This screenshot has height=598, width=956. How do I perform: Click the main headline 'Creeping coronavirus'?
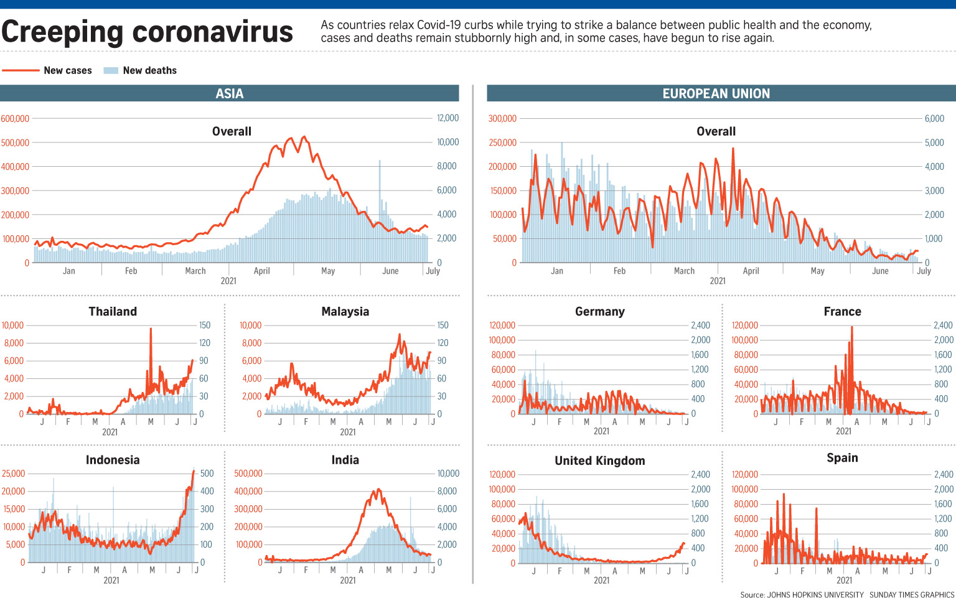(148, 32)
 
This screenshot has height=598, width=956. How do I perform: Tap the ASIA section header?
(230, 93)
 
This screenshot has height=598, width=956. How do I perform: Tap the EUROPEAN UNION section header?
(716, 93)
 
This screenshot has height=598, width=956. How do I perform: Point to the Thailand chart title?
(113, 311)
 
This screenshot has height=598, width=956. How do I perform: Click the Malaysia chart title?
(345, 311)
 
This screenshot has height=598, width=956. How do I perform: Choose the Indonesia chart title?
(113, 460)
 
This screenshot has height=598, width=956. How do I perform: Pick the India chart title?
(345, 460)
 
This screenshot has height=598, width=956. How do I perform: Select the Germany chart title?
(599, 311)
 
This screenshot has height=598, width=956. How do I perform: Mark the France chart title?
(842, 311)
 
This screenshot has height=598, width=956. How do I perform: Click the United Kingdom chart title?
(599, 460)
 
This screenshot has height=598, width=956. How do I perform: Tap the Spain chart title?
(842, 458)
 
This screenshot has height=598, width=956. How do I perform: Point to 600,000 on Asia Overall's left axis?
(15, 118)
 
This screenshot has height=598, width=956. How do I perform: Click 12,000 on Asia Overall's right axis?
(448, 118)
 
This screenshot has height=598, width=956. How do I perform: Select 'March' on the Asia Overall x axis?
(195, 271)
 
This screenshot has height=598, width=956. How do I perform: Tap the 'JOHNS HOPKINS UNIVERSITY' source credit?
(815, 594)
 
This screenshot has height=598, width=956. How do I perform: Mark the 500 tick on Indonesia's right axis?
(207, 474)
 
